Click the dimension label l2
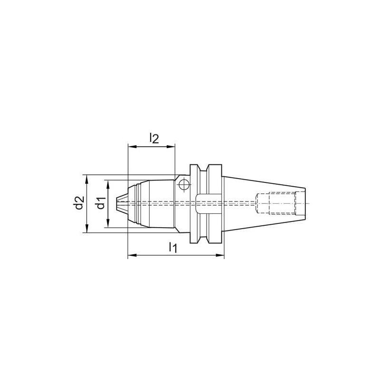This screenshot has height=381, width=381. (x=153, y=138)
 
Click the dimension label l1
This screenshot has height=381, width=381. (x=173, y=248)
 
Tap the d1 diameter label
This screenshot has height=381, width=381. (x=100, y=204)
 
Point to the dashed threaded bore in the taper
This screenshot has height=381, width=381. (x=276, y=203)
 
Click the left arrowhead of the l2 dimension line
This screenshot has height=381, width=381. (x=130, y=147)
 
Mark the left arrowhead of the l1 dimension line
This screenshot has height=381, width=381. (x=131, y=256)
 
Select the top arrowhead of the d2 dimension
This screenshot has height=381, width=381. (x=86, y=178)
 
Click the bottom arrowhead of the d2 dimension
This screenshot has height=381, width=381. (x=86, y=230)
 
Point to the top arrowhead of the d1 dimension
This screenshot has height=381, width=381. (x=108, y=183)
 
